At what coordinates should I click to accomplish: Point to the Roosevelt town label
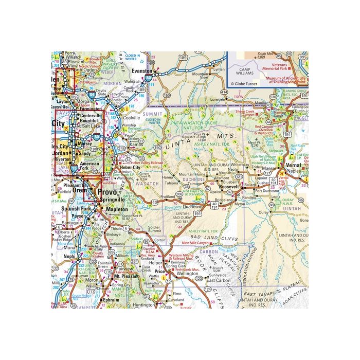(229, 188)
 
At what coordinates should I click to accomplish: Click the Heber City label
(130, 168)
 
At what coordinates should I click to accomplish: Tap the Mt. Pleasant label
(123, 276)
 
